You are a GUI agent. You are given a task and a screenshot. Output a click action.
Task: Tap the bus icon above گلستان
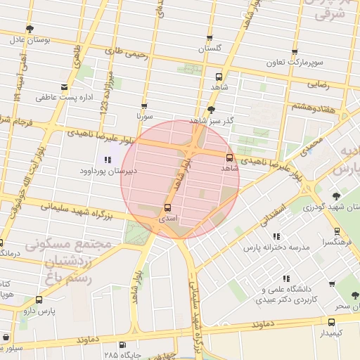click(210, 38)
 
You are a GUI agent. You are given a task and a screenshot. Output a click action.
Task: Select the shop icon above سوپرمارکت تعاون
click(295, 52)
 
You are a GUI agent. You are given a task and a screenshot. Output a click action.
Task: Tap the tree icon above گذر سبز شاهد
click(211, 110)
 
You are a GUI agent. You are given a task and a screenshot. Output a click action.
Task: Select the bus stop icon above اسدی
click(167, 208)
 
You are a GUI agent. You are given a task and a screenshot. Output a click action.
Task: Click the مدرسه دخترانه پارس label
click(276, 247)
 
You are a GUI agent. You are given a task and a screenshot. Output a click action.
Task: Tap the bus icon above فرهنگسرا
click(338, 230)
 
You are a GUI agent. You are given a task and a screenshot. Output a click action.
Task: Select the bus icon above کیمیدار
click(331, 321)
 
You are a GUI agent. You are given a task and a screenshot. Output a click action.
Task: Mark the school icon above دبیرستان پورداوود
click(107, 159)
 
